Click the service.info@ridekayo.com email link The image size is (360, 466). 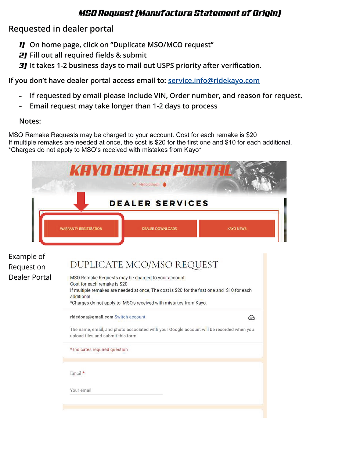tap(213, 80)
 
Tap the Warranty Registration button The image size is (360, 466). tap(81, 229)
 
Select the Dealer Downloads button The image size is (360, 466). tap(159, 229)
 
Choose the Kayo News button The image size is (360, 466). tap(237, 229)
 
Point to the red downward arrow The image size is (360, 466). tap(81, 201)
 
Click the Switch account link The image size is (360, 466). tap(130, 317)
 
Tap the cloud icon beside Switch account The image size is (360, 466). tap(251, 318)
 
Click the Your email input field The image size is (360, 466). tap(116, 390)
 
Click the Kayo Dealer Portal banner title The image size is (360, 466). tap(151, 171)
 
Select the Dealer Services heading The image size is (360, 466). tap(159, 203)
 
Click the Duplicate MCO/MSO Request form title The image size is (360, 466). tap(144, 265)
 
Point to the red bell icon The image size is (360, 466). tap(165, 184)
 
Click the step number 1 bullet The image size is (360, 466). tap(22, 45)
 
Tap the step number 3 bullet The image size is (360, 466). tap(23, 66)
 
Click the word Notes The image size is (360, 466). tap(30, 121)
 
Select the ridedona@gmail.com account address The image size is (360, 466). tap(91, 317)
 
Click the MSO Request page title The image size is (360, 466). tap(180, 13)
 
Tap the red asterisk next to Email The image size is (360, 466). tap(84, 373)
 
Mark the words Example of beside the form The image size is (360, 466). tap(27, 257)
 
